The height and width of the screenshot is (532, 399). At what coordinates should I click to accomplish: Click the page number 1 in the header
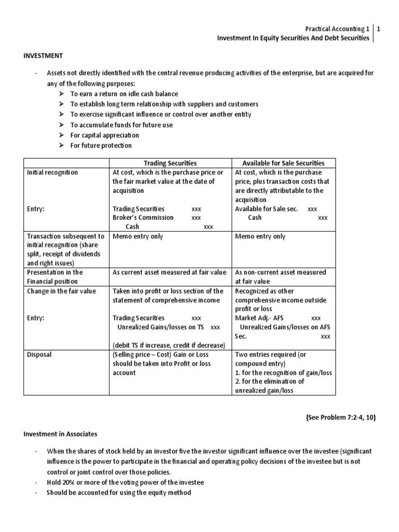tap(379, 29)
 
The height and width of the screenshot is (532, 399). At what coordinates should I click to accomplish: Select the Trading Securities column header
tap(170, 163)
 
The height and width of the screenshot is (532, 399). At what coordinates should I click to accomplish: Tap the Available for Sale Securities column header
tap(283, 163)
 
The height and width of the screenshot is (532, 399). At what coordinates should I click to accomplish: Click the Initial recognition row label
tap(52, 172)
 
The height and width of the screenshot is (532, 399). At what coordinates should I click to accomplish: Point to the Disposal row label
tap(39, 355)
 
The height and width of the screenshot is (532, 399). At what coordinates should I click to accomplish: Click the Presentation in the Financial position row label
tap(55, 276)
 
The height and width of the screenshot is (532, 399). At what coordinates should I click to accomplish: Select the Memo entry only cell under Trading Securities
tap(138, 236)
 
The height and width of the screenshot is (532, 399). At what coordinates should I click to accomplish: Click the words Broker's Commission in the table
tap(143, 218)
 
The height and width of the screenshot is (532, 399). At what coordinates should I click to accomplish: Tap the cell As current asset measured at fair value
tap(169, 272)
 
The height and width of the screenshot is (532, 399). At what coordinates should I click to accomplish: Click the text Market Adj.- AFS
tap(260, 318)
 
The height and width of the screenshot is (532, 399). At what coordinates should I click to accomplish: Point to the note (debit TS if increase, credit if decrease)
tap(168, 345)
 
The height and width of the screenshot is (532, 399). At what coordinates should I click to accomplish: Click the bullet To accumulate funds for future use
tap(122, 125)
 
